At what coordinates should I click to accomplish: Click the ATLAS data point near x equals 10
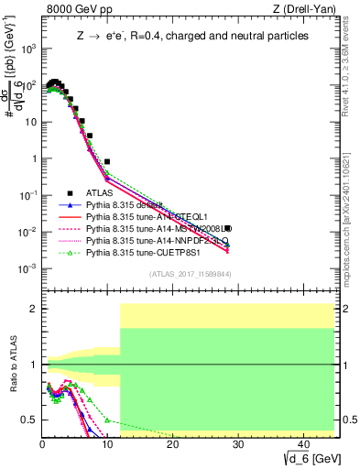pos(107,161)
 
